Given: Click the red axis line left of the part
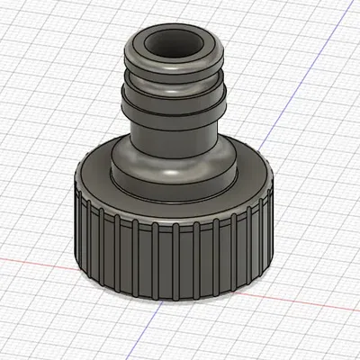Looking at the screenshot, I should pyautogui.click(x=36, y=259).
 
